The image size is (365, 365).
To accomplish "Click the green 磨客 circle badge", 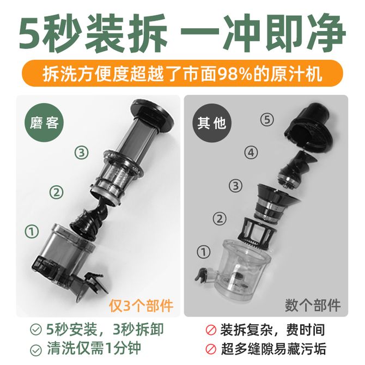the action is click(x=44, y=123).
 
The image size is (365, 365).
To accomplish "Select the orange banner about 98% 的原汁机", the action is click(x=182, y=74).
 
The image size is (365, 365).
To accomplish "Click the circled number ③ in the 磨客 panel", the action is click(x=82, y=153).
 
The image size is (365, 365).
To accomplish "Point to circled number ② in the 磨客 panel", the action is click(x=57, y=192).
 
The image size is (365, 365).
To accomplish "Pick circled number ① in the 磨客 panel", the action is click(x=32, y=231).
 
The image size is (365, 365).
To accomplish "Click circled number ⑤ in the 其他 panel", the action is click(x=267, y=120).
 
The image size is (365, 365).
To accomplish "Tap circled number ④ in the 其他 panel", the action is click(x=251, y=153).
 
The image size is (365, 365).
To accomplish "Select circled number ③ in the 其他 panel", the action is click(x=235, y=186).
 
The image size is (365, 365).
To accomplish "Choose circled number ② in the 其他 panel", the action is click(x=220, y=218).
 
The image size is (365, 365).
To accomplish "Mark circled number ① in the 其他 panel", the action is click(x=203, y=252).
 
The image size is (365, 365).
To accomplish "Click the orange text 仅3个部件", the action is click(x=141, y=305).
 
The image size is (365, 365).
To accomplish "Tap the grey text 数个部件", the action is click(x=313, y=305).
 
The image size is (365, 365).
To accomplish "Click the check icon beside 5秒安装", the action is click(x=36, y=330).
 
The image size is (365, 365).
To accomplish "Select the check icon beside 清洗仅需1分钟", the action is click(x=36, y=349).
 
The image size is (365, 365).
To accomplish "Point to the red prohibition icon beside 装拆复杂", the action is click(x=211, y=330).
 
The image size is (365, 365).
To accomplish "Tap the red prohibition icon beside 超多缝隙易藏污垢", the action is click(x=211, y=349).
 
